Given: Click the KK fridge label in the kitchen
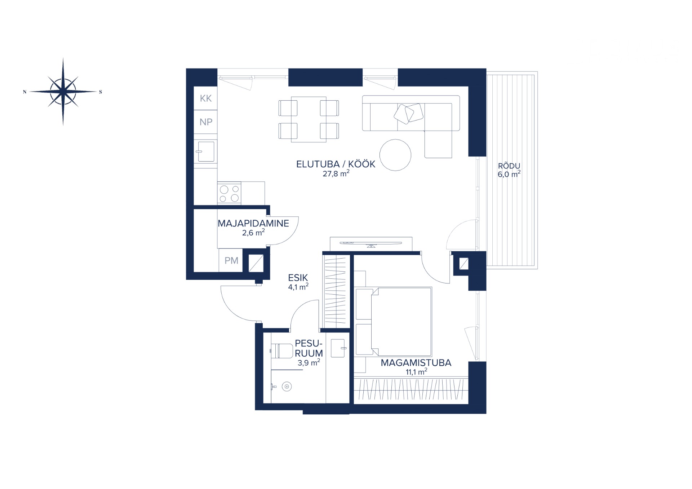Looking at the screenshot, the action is point(206,98).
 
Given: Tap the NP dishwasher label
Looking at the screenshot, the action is point(206,122).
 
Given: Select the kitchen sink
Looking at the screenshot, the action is point(206,151).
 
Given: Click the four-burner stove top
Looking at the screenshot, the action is point(229,194).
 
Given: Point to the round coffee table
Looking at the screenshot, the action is point(395,155).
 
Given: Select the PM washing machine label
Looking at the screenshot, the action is point(231,260).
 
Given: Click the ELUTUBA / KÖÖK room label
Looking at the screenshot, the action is point(336,164).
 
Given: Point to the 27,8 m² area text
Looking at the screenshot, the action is point(336,173).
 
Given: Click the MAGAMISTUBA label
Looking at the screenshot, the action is point(416,363).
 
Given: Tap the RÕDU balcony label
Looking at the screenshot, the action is point(509,166).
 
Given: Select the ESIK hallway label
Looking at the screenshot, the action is point(298,278).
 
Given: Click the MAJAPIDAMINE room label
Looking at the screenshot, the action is point(253,223).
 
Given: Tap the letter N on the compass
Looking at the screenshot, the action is point(25,92).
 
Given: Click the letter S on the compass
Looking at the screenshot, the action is point(101,92).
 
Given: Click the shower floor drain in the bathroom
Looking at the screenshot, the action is point(287,387).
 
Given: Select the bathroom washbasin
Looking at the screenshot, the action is point(338,348).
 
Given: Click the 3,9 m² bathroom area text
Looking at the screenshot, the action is point(309,363).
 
